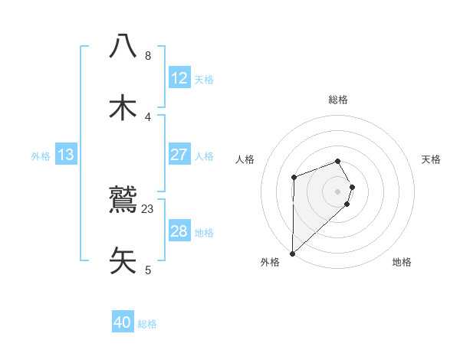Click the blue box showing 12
179,78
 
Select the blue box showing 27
179,155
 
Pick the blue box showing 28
179,231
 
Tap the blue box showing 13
66,155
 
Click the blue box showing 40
123,322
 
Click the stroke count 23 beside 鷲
148,208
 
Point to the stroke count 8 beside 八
148,55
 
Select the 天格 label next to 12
204,79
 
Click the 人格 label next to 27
204,155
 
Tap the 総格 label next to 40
147,323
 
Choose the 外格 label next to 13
41,155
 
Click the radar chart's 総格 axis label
337,100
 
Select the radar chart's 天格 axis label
432,159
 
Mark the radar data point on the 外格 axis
292,253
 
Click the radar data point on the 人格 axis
294,178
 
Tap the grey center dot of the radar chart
337,191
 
